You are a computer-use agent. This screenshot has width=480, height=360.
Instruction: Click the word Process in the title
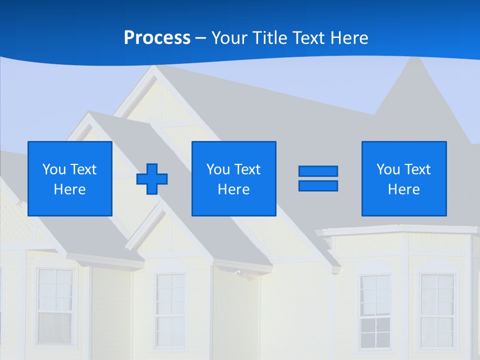(x=157, y=38)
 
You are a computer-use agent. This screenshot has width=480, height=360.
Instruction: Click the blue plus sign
(x=152, y=178)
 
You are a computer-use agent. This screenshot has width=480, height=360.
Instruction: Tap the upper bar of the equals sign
(x=318, y=171)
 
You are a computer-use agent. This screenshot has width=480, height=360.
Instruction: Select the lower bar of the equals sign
(x=318, y=185)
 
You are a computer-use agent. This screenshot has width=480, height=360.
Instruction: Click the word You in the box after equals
(x=388, y=169)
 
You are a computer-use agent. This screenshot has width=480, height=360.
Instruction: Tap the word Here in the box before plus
(x=70, y=189)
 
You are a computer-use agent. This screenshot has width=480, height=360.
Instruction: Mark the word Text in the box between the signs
(x=248, y=169)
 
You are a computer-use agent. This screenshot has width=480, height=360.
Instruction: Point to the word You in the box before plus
(x=54, y=169)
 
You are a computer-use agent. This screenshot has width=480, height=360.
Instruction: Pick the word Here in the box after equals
(x=404, y=189)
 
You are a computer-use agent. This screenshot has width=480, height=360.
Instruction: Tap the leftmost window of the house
(x=55, y=305)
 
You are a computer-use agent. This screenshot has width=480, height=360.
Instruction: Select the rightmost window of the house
(x=437, y=310)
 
